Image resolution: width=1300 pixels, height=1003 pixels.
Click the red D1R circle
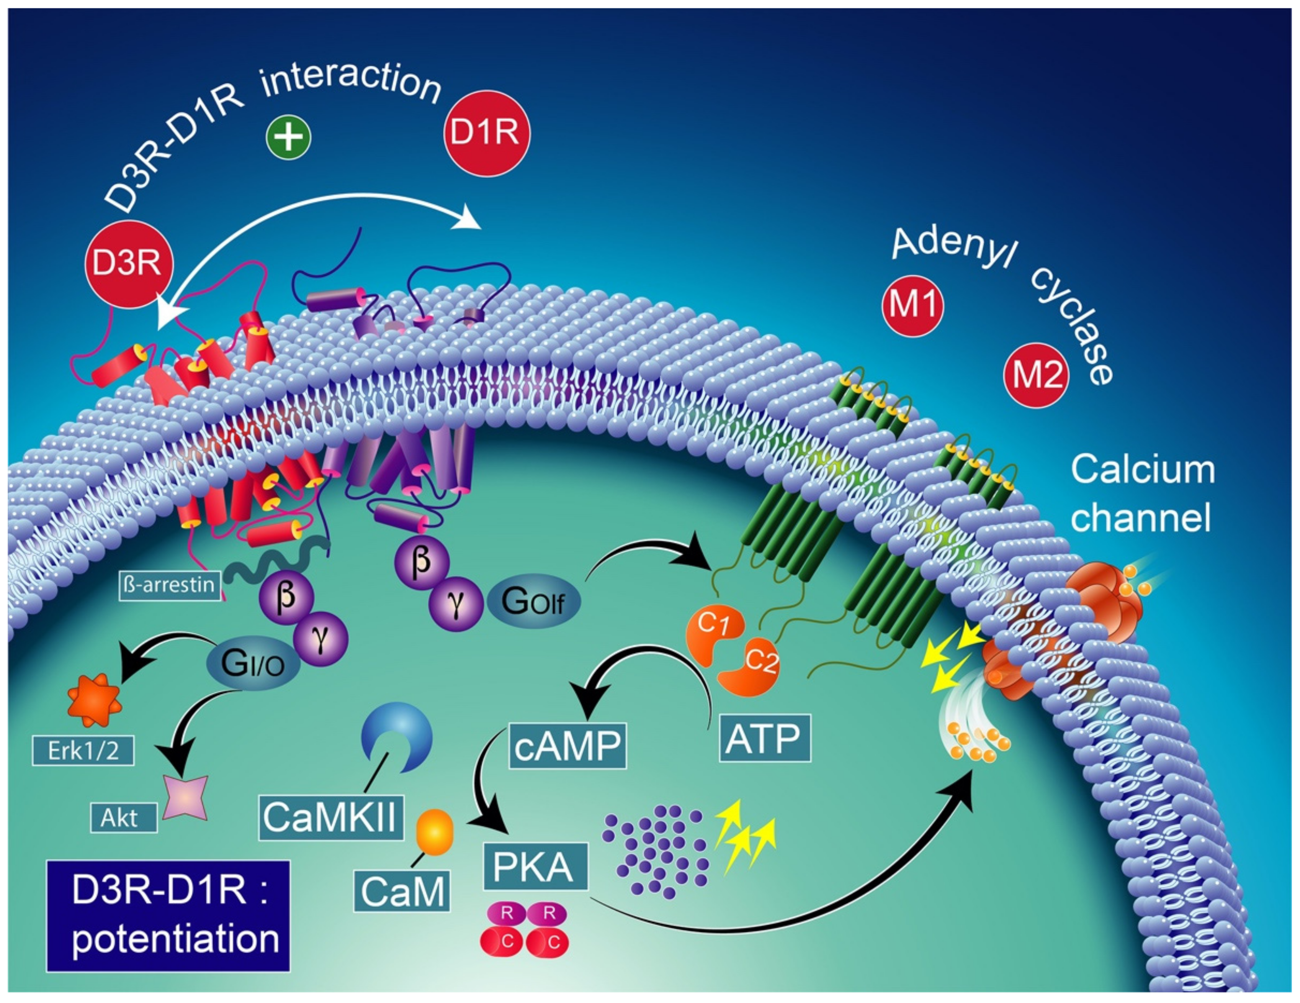pyautogui.click(x=487, y=133)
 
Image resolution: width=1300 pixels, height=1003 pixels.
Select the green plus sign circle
pyautogui.click(x=288, y=137)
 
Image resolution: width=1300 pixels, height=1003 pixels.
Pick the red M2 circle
pyautogui.click(x=1036, y=375)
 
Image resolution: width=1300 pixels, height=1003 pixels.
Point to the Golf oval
pyautogui.click(x=533, y=601)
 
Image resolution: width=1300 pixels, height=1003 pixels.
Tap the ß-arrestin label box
pyautogui.click(x=170, y=585)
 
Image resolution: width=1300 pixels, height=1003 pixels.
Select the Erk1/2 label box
pyautogui.click(x=83, y=751)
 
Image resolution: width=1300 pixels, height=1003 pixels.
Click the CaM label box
pyautogui.click(x=402, y=890)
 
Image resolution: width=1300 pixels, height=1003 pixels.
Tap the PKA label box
pyautogui.click(x=535, y=866)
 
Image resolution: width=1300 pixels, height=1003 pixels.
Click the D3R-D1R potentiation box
pyautogui.click(x=168, y=916)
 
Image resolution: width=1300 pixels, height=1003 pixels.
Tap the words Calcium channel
pyautogui.click(x=1142, y=494)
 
